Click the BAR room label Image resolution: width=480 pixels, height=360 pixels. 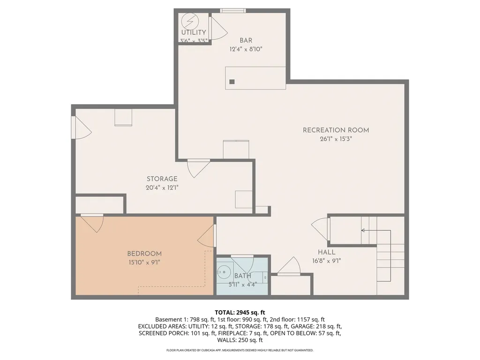click(x=246, y=40)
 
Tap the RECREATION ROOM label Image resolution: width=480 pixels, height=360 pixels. click(x=336, y=130)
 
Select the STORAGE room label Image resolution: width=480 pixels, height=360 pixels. click(x=162, y=179)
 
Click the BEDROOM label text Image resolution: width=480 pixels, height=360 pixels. click(x=144, y=254)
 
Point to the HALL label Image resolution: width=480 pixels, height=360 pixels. click(x=326, y=252)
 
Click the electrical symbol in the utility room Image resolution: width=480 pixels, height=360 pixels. click(x=190, y=22)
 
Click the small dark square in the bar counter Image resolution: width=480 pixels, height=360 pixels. click(x=232, y=82)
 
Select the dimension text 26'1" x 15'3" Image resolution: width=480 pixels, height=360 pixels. click(x=336, y=139)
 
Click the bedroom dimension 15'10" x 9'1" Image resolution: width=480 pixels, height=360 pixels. click(x=144, y=262)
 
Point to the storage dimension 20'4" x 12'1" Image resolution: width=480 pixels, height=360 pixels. click(x=162, y=187)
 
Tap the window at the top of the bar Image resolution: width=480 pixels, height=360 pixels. click(x=233, y=11)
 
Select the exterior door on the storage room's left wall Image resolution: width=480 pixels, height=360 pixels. click(x=82, y=128)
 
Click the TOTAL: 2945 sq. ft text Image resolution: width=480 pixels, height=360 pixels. click(x=240, y=313)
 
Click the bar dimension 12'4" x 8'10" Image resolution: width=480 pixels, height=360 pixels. click(x=246, y=49)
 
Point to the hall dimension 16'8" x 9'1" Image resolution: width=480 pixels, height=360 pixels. click(x=326, y=261)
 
